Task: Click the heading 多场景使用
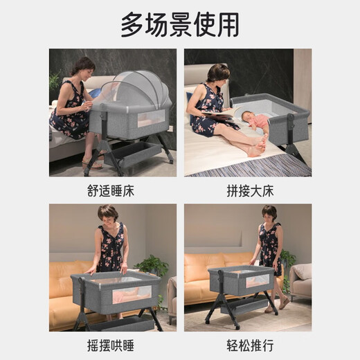click(180, 25)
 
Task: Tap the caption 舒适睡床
click(111, 191)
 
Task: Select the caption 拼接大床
click(250, 191)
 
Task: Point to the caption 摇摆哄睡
click(111, 345)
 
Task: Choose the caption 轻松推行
click(250, 345)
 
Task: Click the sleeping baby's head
click(248, 116)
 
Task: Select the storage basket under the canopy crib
click(132, 154)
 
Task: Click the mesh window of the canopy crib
click(152, 118)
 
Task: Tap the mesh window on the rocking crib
click(132, 294)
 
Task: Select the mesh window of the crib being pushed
click(258, 281)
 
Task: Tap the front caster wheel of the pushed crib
click(237, 327)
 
